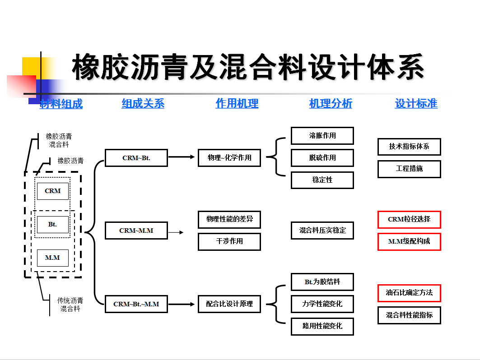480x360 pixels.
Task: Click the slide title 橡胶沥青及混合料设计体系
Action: pos(248,67)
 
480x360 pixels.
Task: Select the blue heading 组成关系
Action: pos(143,103)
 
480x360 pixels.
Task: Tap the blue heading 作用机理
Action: pos(237,103)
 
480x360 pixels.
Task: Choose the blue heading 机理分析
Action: pos(331,103)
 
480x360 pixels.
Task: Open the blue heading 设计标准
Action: pos(416,103)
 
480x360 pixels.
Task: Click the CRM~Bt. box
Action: pos(136,158)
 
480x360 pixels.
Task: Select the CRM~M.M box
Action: pos(136,231)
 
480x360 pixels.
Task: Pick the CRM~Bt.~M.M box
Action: pos(136,304)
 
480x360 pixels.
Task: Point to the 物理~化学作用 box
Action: pos(229,158)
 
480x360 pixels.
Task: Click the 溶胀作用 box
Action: pos(322,135)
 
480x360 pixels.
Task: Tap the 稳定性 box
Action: pos(322,180)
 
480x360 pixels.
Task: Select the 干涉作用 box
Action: pos(229,242)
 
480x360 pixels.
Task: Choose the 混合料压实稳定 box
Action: pos(322,231)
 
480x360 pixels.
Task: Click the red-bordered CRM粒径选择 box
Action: pos(409,219)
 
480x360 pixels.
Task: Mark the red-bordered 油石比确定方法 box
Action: pos(409,293)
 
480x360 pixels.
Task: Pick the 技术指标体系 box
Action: pos(409,147)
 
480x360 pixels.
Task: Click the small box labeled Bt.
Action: pos(53,225)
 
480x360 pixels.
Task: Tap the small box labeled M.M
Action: pos(53,258)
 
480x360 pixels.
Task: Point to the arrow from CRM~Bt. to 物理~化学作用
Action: pos(182,157)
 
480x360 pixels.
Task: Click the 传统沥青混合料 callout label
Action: pos(70,305)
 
